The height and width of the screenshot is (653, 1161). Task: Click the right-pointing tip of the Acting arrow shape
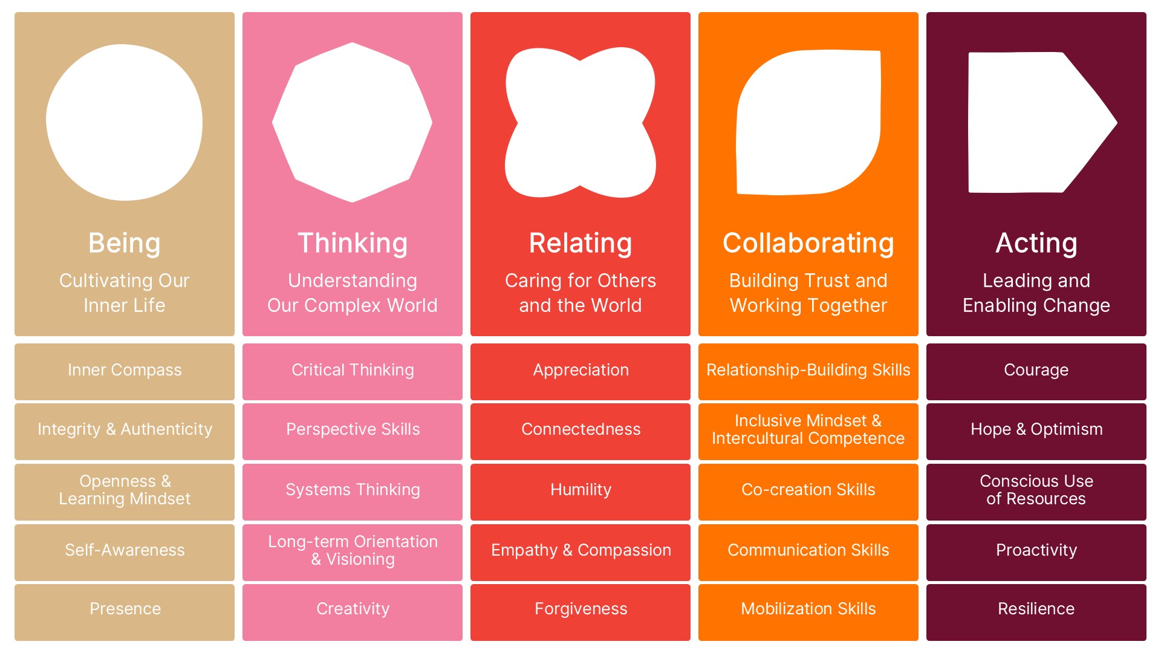pos(1116,123)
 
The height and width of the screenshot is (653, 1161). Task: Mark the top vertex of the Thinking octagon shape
pos(353,43)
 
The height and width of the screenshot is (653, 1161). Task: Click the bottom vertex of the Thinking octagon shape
pos(353,202)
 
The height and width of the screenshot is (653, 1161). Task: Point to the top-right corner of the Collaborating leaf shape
pos(879,51)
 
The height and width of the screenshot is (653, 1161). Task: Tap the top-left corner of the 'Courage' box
pos(927,344)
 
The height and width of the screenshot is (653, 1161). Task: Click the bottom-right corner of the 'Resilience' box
pos(1146,640)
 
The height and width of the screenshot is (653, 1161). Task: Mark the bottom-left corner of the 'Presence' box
pos(15,640)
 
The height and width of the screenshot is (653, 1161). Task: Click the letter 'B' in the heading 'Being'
pos(97,243)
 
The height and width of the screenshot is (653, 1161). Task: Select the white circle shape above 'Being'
pos(125,122)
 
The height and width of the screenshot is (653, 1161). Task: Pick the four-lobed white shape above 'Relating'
pos(580,123)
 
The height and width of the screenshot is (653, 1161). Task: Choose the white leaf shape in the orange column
pos(808,123)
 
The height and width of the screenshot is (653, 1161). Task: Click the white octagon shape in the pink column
pos(353,123)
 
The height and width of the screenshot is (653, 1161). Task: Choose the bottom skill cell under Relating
pos(580,612)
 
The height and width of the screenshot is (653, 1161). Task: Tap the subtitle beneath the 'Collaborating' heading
pos(808,293)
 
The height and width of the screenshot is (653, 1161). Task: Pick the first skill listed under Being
pos(125,372)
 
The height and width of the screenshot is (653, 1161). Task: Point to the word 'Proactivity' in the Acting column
pos(1036,550)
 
